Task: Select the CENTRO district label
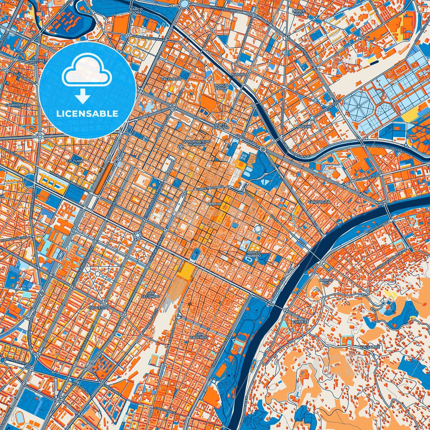pyautogui.click(x=214, y=204)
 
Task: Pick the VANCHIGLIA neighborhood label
pyautogui.click(x=319, y=202)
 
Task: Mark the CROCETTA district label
pyautogui.click(x=98, y=307)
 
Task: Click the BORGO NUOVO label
pyautogui.click(x=254, y=254)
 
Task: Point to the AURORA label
pyautogui.click(x=240, y=74)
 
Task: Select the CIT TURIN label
pyautogui.click(x=75, y=161)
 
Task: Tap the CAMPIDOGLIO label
pyautogui.click(x=18, y=105)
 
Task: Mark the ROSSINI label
pyautogui.click(x=304, y=127)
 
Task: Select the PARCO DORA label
pyautogui.click(x=136, y=11)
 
